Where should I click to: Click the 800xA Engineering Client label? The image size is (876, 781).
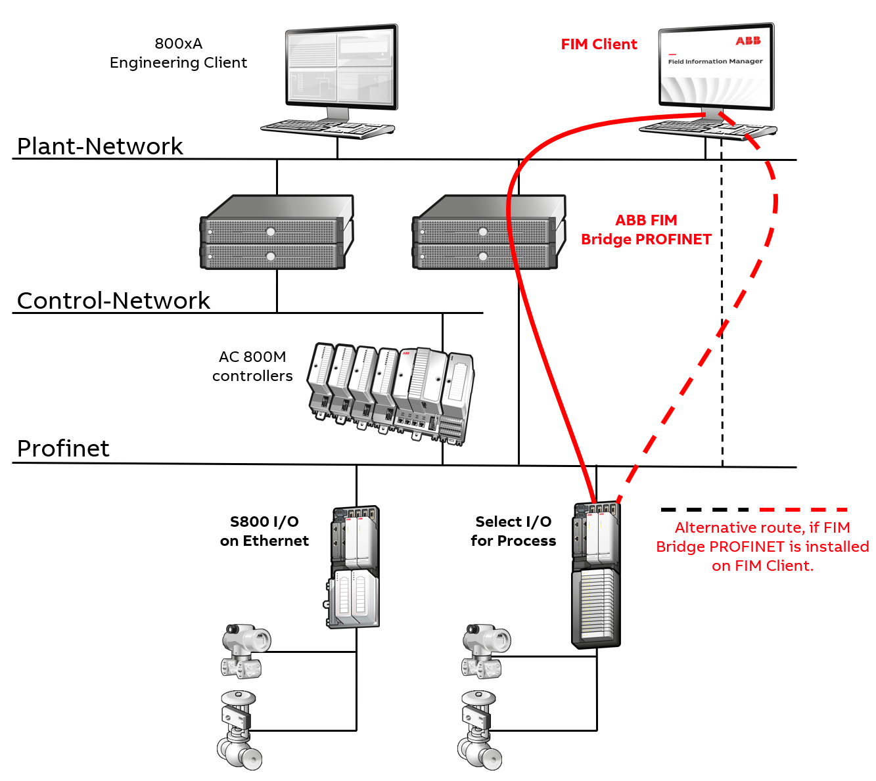178,53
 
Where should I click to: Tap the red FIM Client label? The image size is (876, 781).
599,44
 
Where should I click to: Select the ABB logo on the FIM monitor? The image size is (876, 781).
748,41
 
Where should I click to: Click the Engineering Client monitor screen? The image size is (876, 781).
341,67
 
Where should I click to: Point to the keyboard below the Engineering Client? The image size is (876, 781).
327,127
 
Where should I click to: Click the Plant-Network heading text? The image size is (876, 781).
100,146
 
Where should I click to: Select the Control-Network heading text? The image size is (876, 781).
113,300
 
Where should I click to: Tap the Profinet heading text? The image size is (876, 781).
63,448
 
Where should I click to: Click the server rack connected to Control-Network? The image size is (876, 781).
276,233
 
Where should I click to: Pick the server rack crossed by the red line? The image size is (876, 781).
488,233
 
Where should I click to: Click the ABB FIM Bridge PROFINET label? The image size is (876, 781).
646,230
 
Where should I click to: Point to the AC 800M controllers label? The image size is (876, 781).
252,367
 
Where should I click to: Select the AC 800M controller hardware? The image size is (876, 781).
391,391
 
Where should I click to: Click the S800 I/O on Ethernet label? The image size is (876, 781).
264,531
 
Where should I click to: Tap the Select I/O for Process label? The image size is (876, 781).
513,531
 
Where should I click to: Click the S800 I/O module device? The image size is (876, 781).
354,567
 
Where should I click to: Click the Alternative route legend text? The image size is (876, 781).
762,547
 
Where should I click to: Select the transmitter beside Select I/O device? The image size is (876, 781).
486,650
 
